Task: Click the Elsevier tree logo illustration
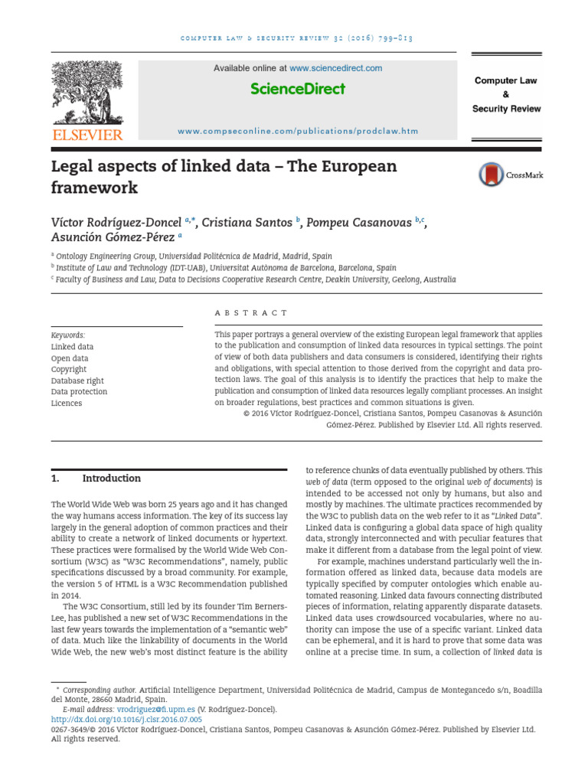[x=87, y=93]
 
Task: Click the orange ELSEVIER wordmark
[x=87, y=136]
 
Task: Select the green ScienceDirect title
[x=298, y=89]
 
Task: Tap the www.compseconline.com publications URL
[x=298, y=131]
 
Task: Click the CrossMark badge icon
[x=492, y=175]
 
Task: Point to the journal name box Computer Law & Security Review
[x=505, y=94]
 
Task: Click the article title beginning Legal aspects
[x=224, y=177]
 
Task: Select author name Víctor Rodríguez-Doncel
[x=116, y=223]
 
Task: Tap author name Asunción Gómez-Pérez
[x=113, y=238]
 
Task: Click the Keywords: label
[x=68, y=335]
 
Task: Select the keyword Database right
[x=77, y=381]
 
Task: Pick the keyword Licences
[x=67, y=403]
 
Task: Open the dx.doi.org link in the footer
[x=126, y=720]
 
